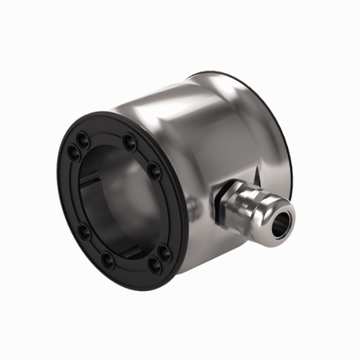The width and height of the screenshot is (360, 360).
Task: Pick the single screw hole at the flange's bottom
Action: pyautogui.click(x=108, y=261)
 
